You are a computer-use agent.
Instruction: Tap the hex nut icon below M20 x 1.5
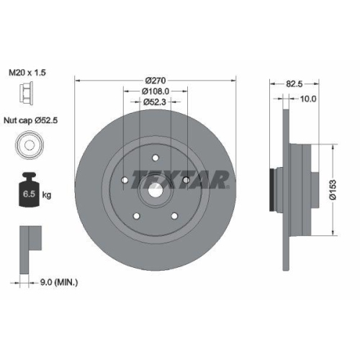[24, 94]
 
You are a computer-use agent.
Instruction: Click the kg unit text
[48, 194]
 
